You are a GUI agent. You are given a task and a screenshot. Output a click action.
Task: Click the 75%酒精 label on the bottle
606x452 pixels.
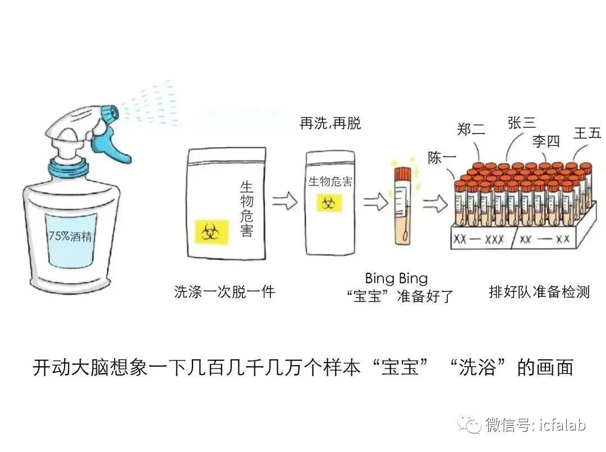(70, 236)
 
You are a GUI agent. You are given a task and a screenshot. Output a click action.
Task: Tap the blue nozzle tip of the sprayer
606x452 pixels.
(110, 112)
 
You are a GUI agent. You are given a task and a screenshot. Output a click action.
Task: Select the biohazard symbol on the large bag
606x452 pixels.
(211, 232)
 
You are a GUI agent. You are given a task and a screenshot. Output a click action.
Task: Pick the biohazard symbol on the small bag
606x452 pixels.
(329, 203)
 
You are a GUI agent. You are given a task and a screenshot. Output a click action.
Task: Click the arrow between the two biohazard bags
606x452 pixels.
(284, 201)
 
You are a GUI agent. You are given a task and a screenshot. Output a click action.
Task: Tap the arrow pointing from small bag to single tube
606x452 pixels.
(375, 202)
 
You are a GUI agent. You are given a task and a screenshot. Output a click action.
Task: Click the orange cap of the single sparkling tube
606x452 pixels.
(402, 174)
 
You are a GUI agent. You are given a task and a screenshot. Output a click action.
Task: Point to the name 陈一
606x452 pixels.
(442, 158)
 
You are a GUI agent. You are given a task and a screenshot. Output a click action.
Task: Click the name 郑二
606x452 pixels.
(471, 129)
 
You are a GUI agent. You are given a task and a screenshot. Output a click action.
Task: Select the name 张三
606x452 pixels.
(522, 123)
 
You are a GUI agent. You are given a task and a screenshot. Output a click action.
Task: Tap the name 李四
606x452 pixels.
(546, 141)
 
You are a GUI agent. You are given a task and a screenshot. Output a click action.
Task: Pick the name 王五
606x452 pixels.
(587, 134)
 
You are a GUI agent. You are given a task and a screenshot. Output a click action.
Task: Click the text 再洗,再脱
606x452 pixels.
(330, 124)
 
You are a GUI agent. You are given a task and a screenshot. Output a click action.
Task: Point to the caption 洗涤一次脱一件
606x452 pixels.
(224, 292)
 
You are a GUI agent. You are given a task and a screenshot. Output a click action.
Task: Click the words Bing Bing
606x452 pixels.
(397, 278)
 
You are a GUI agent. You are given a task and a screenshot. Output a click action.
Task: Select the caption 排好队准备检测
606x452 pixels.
(540, 292)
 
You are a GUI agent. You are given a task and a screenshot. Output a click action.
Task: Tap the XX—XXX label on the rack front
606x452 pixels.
(479, 239)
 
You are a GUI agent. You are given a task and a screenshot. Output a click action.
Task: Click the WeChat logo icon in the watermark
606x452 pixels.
(469, 424)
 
